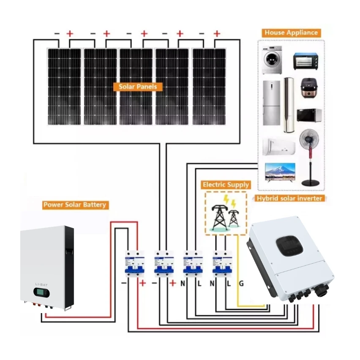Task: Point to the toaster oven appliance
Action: coord(305,60)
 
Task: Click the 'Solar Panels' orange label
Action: coord(138,87)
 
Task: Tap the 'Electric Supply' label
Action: coord(226,185)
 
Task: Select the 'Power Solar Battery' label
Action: coord(75,205)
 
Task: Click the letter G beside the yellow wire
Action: coord(241,284)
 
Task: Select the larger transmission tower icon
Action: coord(218,216)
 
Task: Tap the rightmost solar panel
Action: coord(209,87)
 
